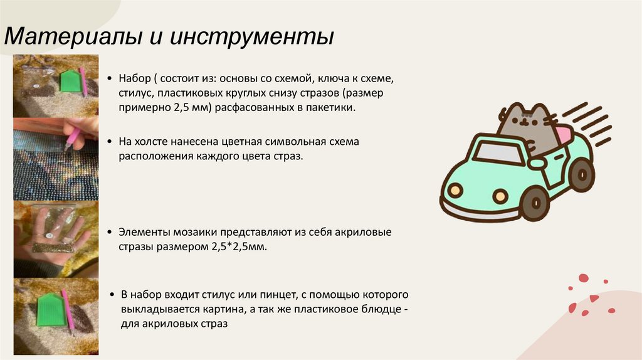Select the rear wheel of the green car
click(582, 173)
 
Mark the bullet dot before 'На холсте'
click(110, 142)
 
